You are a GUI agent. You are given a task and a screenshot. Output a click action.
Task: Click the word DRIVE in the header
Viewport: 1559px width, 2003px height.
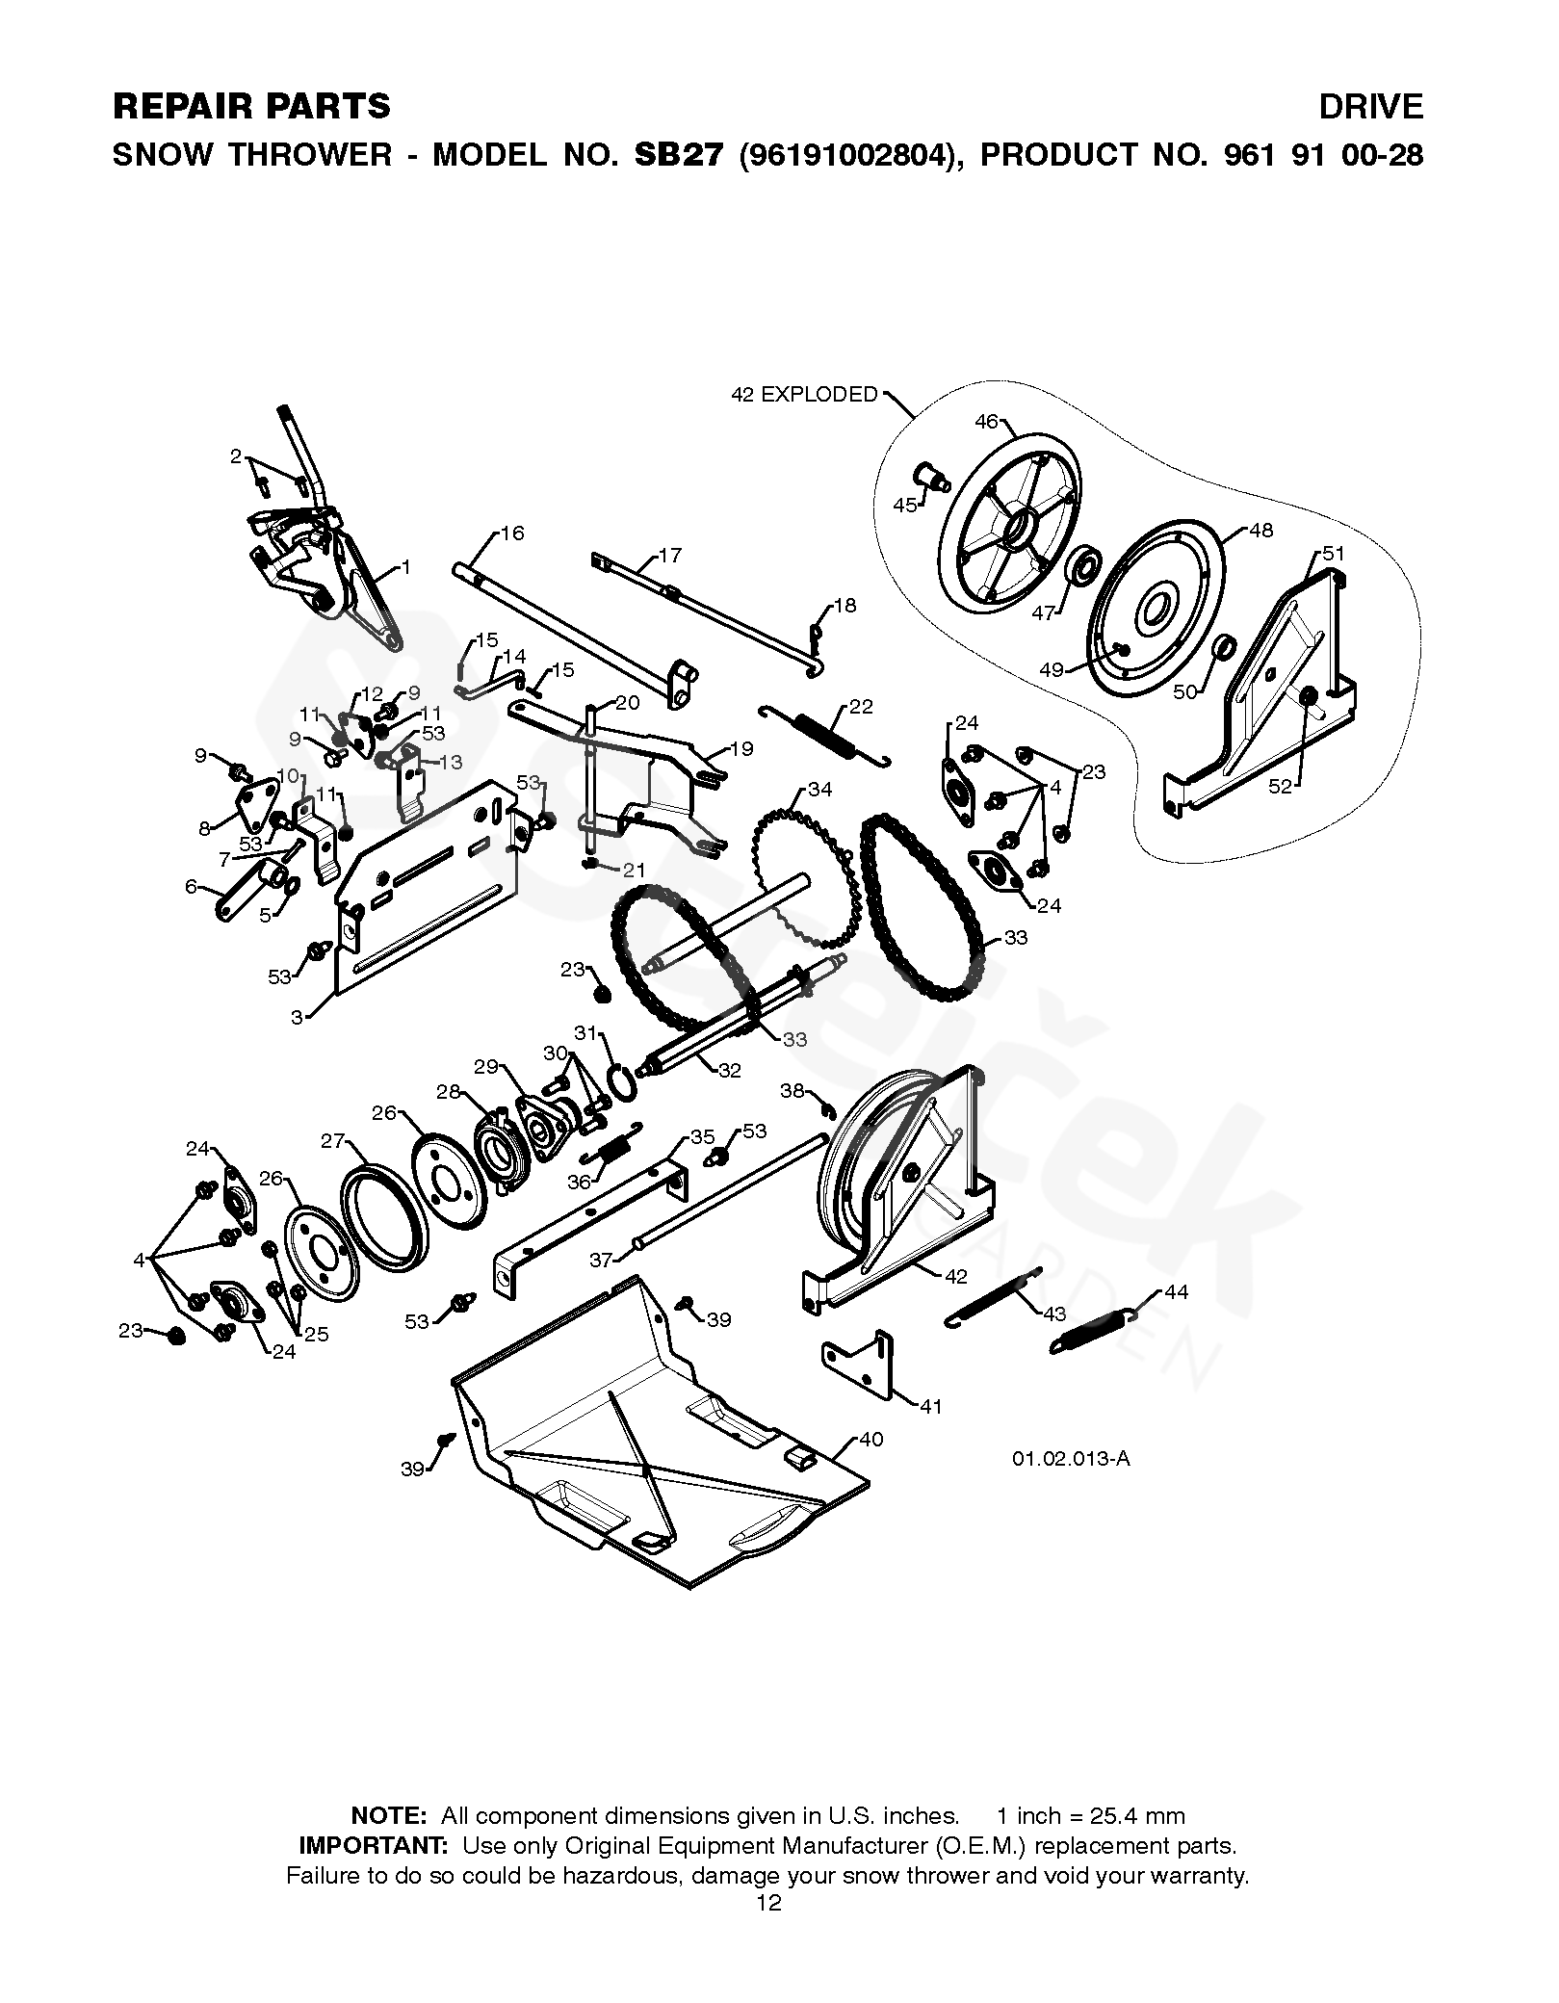point(1370,107)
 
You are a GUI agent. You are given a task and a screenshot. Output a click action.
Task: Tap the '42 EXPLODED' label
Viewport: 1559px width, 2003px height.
point(805,395)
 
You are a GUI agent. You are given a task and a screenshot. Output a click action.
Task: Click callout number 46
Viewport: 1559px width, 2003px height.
point(987,421)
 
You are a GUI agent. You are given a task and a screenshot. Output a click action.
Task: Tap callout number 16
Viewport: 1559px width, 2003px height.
point(512,533)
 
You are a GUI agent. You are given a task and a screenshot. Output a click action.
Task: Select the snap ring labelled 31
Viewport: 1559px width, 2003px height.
point(623,1083)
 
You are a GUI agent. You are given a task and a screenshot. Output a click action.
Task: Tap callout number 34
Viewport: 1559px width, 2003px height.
point(819,791)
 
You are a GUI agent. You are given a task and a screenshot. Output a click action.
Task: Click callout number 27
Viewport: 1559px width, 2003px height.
point(333,1141)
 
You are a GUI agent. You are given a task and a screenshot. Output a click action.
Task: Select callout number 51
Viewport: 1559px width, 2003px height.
point(1333,554)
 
